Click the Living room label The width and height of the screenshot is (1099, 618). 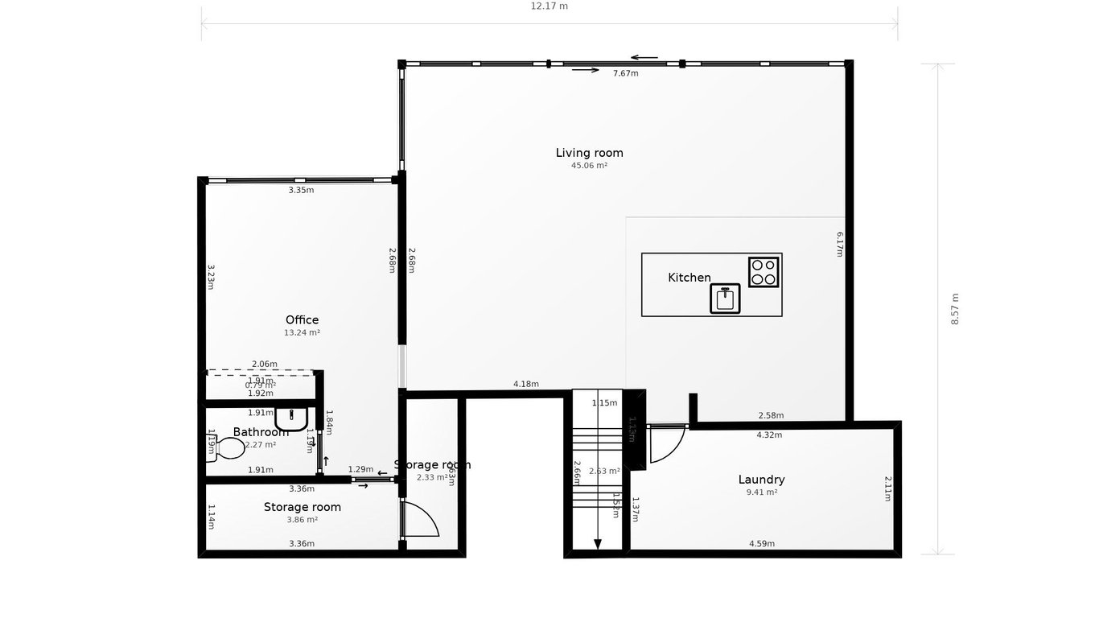click(589, 153)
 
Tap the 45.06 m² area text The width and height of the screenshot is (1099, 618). click(589, 166)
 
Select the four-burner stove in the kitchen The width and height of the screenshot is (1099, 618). click(764, 272)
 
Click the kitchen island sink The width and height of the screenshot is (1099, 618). click(725, 299)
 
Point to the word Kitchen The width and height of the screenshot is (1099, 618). click(689, 278)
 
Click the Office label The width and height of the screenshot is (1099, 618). click(302, 320)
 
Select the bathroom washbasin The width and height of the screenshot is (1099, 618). click(290, 418)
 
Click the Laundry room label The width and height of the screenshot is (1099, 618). click(761, 480)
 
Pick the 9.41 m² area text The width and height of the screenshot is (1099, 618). click(761, 492)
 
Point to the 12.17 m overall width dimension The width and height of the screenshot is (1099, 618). click(549, 6)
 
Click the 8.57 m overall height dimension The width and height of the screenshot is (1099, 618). click(955, 308)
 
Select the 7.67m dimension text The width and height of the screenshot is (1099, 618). click(625, 73)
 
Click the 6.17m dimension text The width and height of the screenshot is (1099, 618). click(839, 244)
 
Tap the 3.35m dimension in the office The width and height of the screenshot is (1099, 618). click(301, 191)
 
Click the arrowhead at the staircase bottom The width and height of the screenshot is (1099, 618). click(597, 545)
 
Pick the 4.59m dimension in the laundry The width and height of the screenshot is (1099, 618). click(761, 544)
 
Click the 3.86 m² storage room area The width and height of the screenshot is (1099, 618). click(302, 520)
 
